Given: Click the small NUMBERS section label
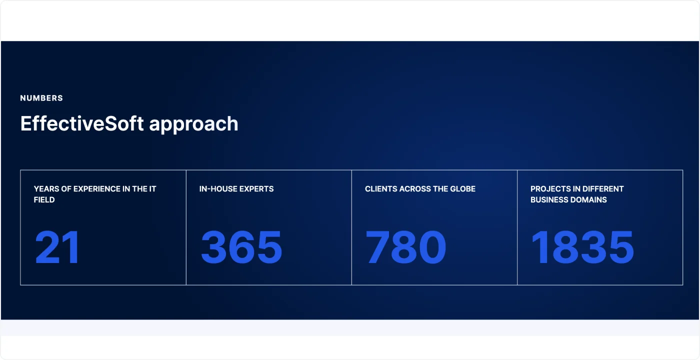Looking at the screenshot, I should pos(41,98).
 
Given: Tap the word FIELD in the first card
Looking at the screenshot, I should pos(44,199).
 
